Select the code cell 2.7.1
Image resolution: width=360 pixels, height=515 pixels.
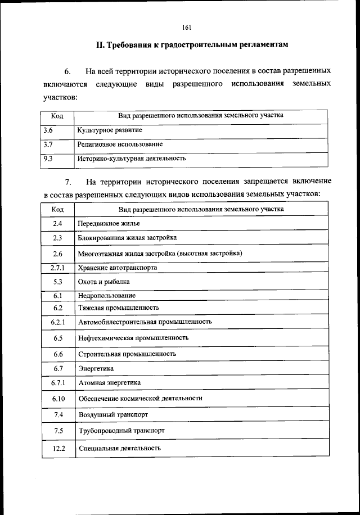pyautogui.click(x=58, y=268)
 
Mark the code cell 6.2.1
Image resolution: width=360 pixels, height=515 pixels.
pyautogui.click(x=58, y=322)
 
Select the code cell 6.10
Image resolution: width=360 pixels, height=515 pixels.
pyautogui.click(x=58, y=398)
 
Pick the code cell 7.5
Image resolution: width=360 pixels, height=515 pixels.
pyautogui.click(x=58, y=431)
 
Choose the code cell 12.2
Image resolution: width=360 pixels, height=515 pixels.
pyautogui.click(x=58, y=448)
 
